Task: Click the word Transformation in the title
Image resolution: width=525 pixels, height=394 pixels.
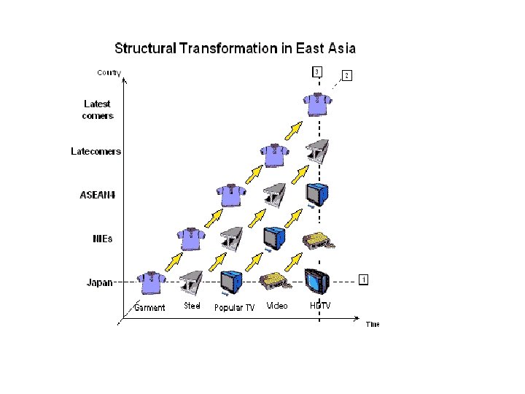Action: click(230, 49)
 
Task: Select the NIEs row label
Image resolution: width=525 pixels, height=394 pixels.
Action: click(101, 239)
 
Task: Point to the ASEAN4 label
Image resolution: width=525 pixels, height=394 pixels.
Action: click(96, 196)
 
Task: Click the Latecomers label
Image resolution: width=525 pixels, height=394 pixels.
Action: click(96, 152)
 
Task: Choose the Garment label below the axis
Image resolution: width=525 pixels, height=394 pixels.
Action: click(149, 307)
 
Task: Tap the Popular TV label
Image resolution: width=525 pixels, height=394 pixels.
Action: click(234, 307)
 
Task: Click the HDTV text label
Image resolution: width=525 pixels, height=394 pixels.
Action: click(320, 306)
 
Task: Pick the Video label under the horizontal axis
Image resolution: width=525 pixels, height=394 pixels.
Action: click(277, 306)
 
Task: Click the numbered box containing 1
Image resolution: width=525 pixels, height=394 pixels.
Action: click(363, 279)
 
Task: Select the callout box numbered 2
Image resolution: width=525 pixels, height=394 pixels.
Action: click(346, 75)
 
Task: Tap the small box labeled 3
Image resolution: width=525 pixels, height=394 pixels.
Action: click(316, 71)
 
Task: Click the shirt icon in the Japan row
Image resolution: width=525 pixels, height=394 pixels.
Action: click(152, 282)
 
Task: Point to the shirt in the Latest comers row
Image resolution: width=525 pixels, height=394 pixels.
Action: click(316, 104)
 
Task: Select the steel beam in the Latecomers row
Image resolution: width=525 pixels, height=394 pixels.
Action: click(316, 152)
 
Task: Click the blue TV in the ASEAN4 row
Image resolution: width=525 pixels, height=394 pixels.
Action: click(316, 195)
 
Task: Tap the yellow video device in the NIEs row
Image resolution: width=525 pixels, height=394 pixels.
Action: click(316, 240)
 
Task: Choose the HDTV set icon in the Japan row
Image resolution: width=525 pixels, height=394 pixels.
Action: click(316, 280)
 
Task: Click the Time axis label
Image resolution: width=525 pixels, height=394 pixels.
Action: click(373, 324)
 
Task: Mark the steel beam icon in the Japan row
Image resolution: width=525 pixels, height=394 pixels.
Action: click(192, 282)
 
